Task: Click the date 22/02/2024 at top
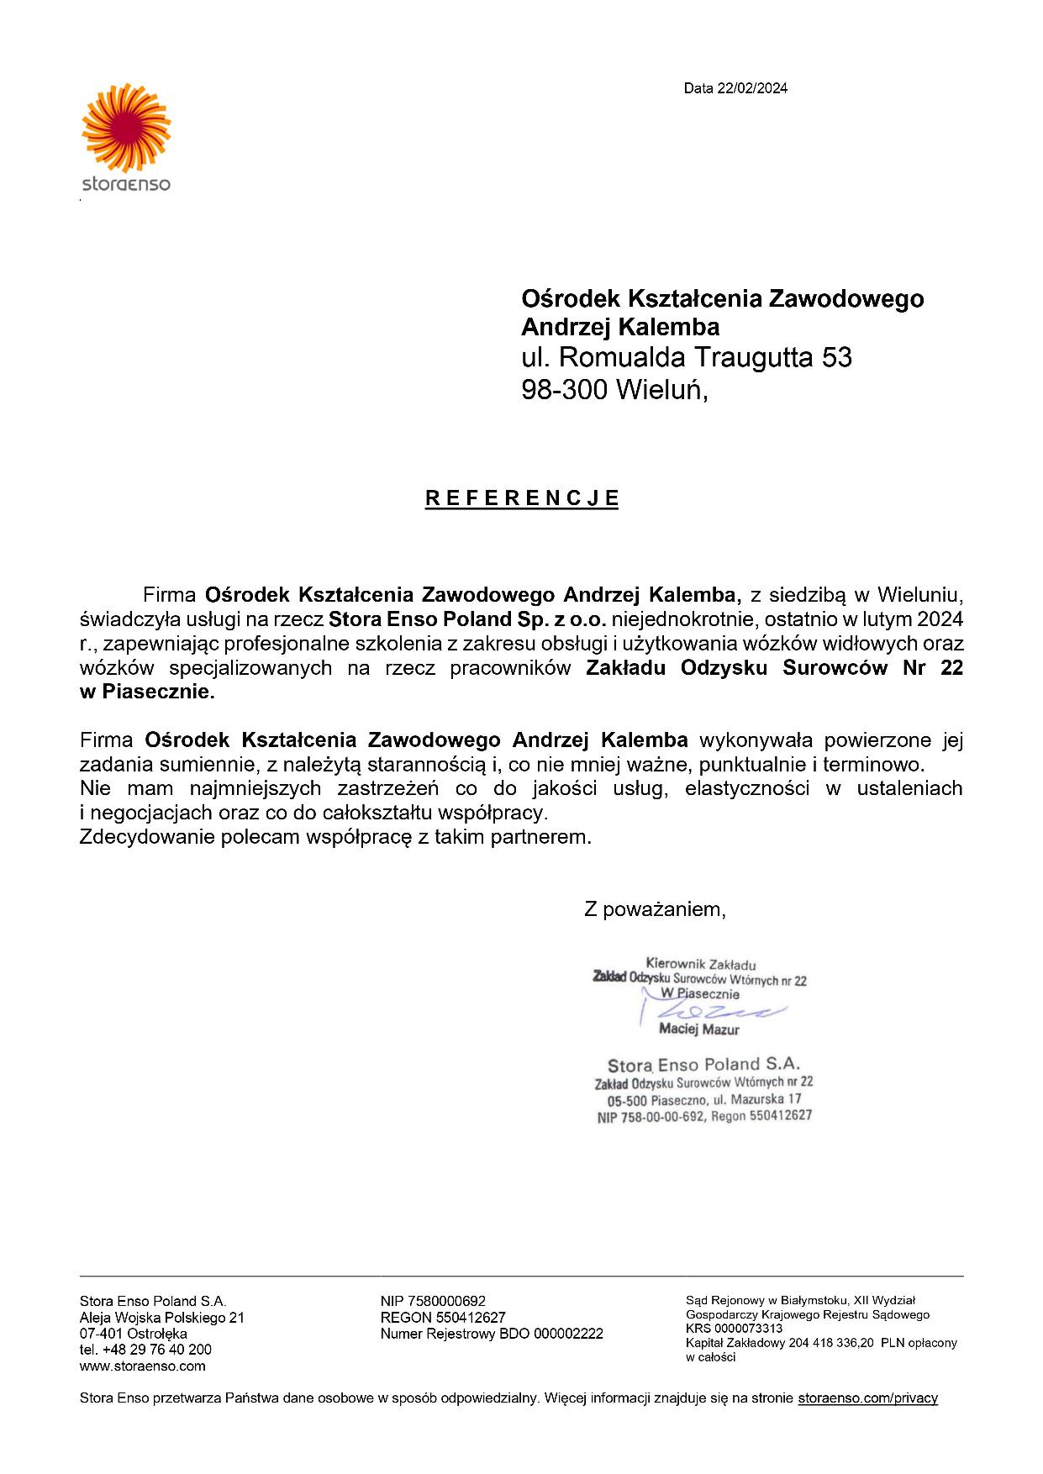735,88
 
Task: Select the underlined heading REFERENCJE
522,498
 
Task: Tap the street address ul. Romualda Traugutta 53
686,358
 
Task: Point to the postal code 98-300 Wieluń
614,390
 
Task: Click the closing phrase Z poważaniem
655,908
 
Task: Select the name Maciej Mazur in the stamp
699,1029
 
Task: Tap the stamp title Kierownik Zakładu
700,963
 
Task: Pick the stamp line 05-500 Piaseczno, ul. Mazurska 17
704,1099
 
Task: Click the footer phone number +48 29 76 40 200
145,1350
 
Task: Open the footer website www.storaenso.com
142,1366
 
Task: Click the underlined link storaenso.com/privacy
867,1398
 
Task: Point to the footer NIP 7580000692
433,1302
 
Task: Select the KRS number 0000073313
734,1329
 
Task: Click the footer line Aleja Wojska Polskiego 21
161,1318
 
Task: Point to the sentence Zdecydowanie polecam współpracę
335,838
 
